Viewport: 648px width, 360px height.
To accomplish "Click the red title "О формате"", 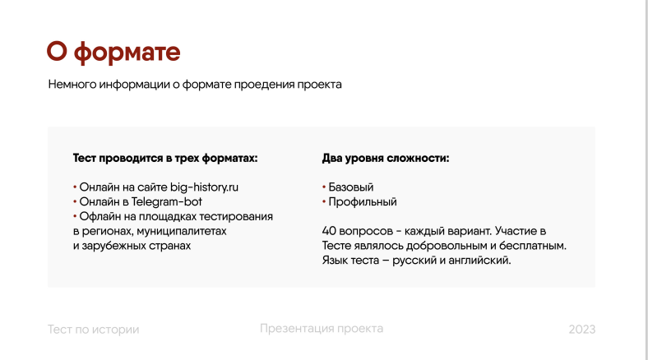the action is point(113,53).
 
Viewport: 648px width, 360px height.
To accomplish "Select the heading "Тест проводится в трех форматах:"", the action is point(165,159).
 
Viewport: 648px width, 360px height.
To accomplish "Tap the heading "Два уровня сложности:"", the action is point(386,159).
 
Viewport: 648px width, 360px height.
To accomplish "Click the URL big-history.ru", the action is point(204,187).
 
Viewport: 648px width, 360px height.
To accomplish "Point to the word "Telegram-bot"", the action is point(167,202).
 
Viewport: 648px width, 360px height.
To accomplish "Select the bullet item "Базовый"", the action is point(351,187).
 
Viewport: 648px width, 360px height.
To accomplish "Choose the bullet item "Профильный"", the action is point(363,202).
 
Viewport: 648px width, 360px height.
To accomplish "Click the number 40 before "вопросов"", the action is point(329,231).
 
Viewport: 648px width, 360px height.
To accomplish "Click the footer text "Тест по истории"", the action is point(94,330).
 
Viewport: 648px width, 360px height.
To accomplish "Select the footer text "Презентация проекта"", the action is point(322,329).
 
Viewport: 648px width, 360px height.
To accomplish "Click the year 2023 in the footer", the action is point(582,330).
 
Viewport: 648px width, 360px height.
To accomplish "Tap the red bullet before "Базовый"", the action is point(324,187).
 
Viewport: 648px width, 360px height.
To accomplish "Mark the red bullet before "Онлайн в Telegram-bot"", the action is point(75,202).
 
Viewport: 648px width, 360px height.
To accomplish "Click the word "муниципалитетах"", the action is point(182,231).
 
